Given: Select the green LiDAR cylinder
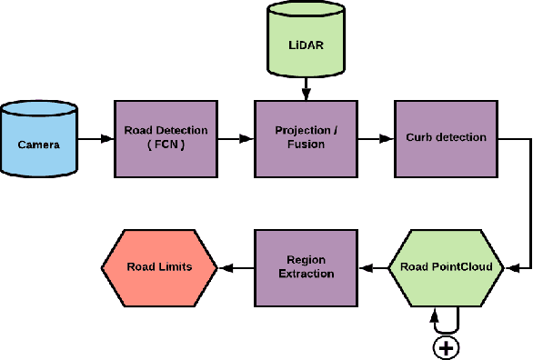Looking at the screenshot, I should pos(307,42).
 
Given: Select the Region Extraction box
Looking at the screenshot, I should pos(306,267).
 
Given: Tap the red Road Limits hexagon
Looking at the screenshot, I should pos(158,267).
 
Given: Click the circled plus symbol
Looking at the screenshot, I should pos(446,346).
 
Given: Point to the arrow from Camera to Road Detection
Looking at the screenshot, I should pos(96,139).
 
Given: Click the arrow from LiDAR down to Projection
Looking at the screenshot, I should pos(307,88).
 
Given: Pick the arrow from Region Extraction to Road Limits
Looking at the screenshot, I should pos(235,267).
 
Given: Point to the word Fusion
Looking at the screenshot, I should pos(306,145).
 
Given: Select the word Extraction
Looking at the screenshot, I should pos(306,274).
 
